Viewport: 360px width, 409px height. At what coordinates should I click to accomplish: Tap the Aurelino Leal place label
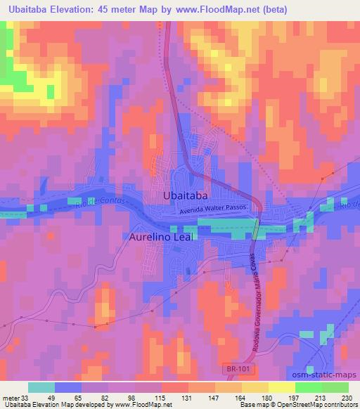coord(161,238)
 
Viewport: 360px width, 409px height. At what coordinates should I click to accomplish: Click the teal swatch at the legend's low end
coord(41,387)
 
